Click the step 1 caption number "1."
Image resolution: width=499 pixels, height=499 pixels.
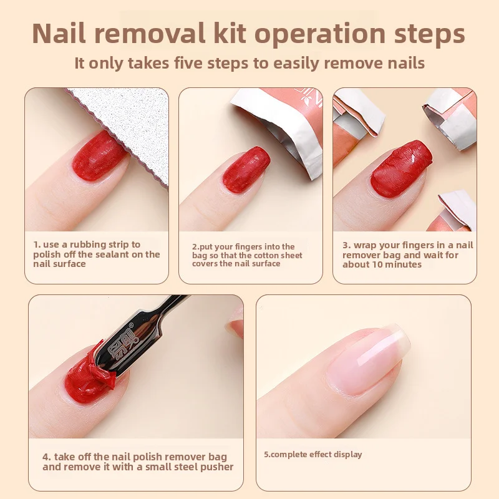37,245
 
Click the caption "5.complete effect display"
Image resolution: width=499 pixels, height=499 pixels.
312,454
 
